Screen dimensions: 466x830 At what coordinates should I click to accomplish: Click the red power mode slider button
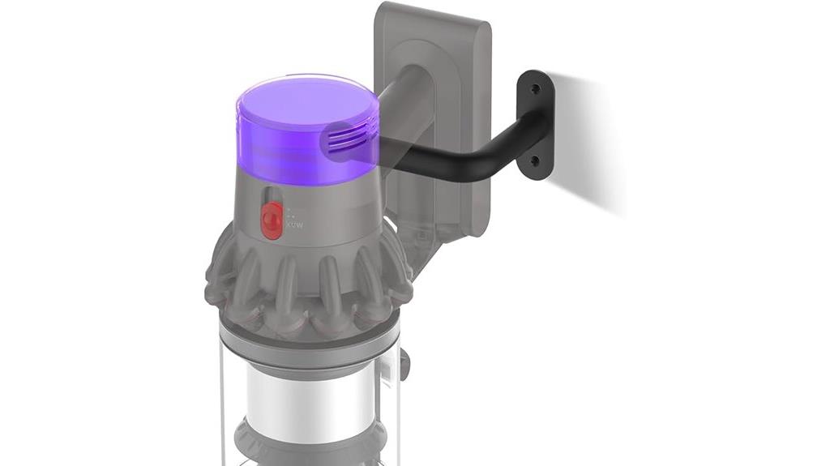point(271,220)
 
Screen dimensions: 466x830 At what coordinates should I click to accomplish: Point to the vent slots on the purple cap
point(348,141)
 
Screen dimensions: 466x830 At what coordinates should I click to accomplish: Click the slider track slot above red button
point(274,199)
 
